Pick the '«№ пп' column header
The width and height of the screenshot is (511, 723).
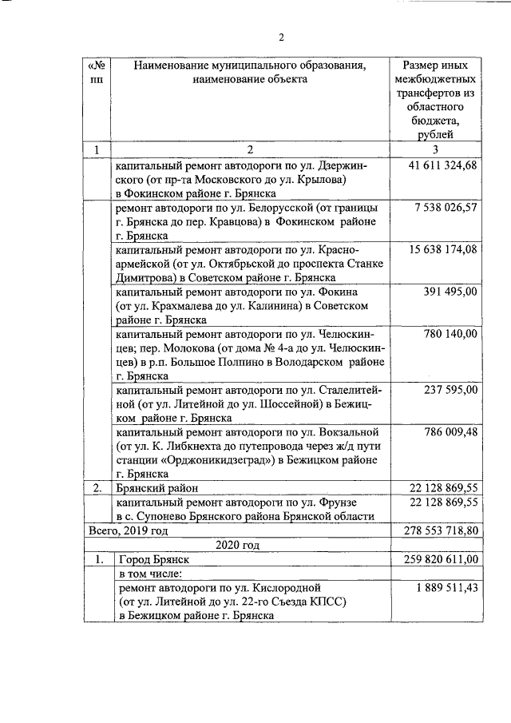tap(97, 73)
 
